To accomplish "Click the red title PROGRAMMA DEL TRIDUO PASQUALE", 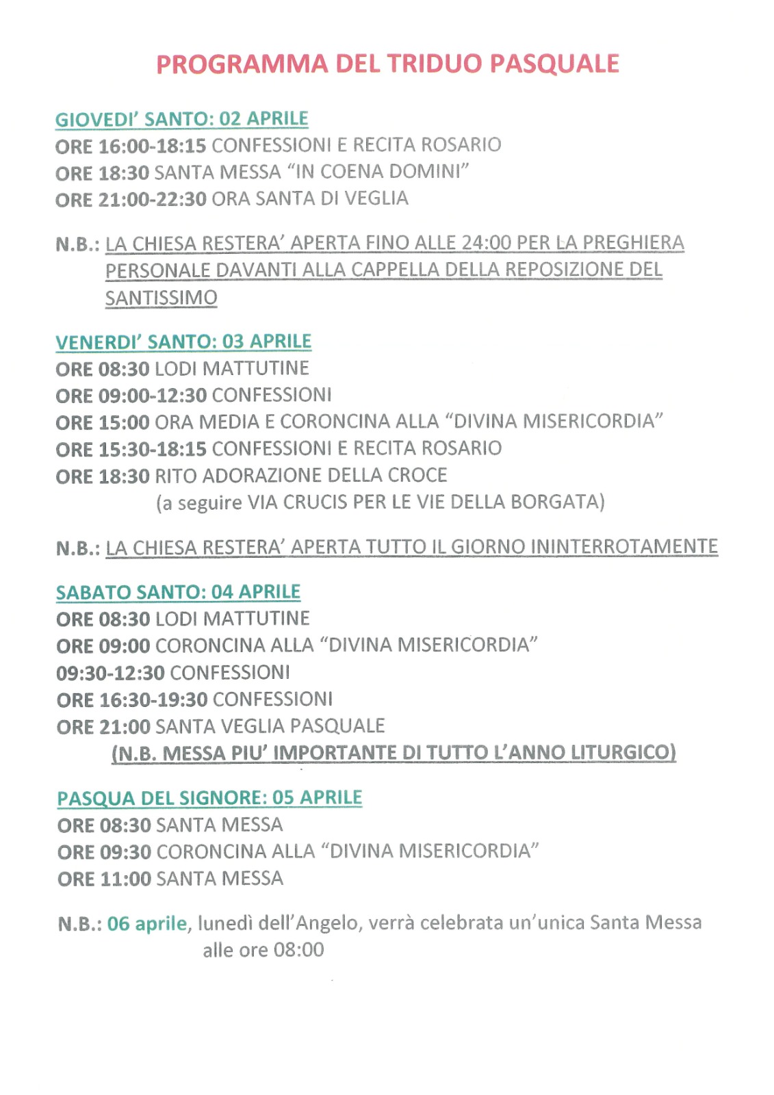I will (x=387, y=64).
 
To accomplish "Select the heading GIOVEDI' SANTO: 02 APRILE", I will (x=181, y=119).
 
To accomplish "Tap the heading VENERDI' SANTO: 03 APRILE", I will (x=183, y=342).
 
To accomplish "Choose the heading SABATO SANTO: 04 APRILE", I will (x=178, y=592).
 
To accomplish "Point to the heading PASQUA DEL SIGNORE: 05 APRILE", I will (x=209, y=798).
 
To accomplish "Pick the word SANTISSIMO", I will (x=161, y=298).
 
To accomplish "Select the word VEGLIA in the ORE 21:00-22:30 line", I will (x=376, y=198).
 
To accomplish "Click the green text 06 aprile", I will (x=146, y=924).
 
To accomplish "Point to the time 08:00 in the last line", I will (x=298, y=951).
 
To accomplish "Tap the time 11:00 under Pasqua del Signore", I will (x=125, y=879).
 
